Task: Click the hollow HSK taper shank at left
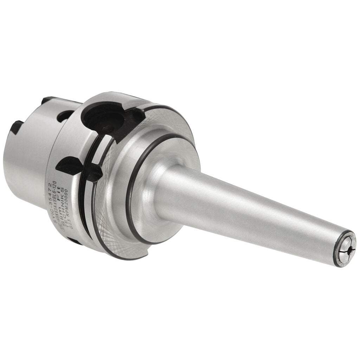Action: tap(28, 162)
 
